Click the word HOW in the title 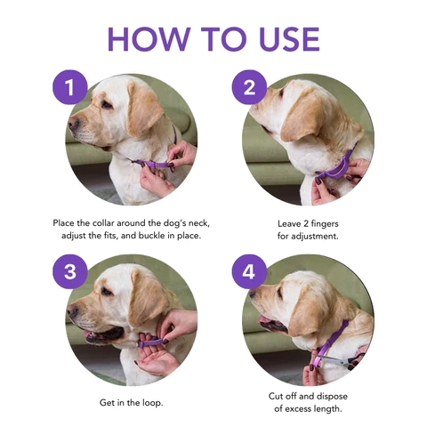[x=149, y=39]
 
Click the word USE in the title [x=289, y=39]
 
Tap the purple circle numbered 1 [x=70, y=87]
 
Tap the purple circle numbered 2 [x=249, y=87]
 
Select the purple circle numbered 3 [x=70, y=271]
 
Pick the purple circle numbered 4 [x=249, y=271]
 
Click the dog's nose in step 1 [x=73, y=123]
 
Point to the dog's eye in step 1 [x=107, y=104]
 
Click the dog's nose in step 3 [x=72, y=311]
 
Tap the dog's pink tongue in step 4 [x=264, y=320]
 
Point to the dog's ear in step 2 [x=302, y=117]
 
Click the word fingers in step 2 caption [x=325, y=224]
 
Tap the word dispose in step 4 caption [x=332, y=397]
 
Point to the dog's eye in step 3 [x=107, y=293]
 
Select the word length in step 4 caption [x=328, y=409]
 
